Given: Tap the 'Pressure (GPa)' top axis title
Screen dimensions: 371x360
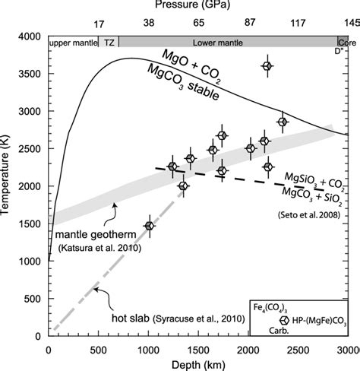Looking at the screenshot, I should point(198,7).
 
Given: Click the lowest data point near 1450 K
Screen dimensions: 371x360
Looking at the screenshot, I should point(150,226).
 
